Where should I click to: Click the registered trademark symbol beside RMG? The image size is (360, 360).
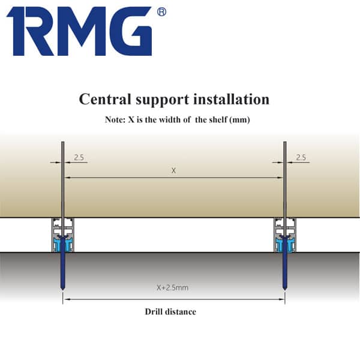pos(161,12)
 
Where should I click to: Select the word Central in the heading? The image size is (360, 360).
pos(105,99)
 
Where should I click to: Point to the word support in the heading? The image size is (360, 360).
pos(163,100)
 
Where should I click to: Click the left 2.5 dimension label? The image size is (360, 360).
pos(79,157)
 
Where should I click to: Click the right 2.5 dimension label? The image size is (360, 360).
pos(301,157)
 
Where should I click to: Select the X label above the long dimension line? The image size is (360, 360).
pos(174,170)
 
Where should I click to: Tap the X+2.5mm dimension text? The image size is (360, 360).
pos(172,287)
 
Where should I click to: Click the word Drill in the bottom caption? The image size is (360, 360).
pos(154,311)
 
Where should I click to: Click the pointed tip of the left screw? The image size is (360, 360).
pos(62,290)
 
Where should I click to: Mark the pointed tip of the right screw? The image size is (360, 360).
pos(284,290)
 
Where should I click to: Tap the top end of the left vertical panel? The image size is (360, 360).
pos(62,142)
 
